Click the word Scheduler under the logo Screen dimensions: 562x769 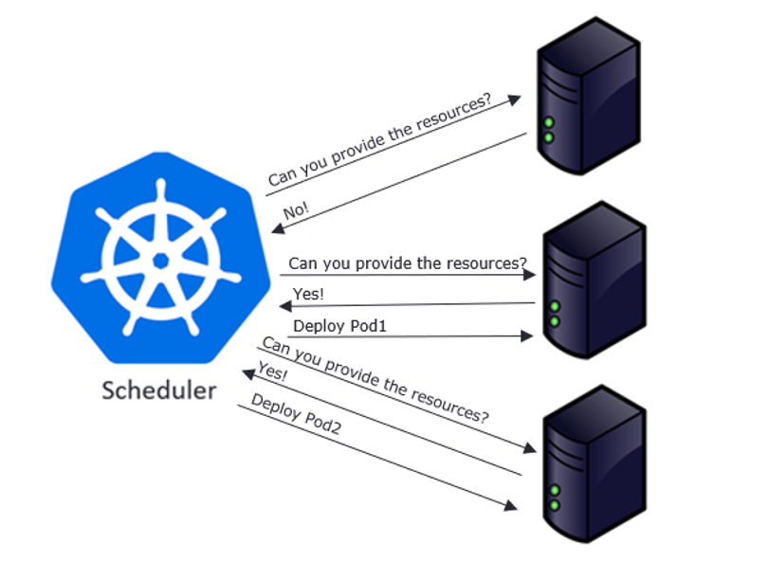(158, 390)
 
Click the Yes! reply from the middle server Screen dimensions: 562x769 (308, 294)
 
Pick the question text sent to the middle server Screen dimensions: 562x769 (408, 263)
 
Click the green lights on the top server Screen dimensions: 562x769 (549, 130)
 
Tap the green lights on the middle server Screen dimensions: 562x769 (553, 314)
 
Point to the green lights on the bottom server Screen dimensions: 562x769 (553, 497)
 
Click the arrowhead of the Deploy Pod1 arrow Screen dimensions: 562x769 (529, 335)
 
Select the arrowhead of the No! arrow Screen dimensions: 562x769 (276, 228)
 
